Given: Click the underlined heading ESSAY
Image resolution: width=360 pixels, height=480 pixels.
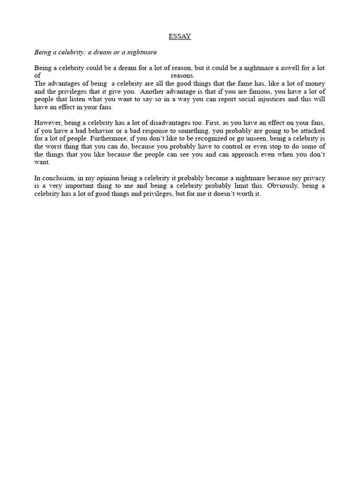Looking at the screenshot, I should (180, 36).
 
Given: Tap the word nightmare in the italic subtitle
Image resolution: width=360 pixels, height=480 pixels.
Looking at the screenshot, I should (143, 52).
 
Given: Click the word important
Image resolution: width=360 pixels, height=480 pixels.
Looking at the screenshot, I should (76, 186).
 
